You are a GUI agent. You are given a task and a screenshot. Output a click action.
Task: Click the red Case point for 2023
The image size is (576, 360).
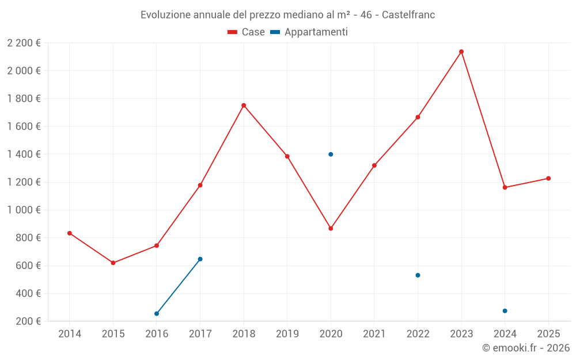tap(461, 52)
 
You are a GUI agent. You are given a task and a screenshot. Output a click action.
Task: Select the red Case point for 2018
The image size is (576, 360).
tap(244, 105)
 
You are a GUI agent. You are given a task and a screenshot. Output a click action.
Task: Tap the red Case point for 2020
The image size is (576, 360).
tap(331, 229)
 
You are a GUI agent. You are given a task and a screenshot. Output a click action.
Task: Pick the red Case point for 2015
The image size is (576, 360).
tap(113, 263)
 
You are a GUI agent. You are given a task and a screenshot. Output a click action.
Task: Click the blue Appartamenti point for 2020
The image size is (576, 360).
tap(331, 154)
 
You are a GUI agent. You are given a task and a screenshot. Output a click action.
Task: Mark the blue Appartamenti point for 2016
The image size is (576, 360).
tap(157, 313)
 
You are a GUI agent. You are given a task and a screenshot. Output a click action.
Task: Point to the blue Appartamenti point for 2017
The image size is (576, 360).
tap(200, 259)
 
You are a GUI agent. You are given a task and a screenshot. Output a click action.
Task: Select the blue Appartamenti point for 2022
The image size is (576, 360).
tap(418, 275)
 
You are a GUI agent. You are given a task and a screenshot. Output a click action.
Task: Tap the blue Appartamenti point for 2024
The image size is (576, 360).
tap(505, 311)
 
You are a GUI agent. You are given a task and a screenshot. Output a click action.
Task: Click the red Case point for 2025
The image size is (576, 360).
tap(548, 179)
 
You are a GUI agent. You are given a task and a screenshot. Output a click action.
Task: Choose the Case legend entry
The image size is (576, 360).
tap(247, 32)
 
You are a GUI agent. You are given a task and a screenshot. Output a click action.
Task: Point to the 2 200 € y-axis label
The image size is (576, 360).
tap(24, 43)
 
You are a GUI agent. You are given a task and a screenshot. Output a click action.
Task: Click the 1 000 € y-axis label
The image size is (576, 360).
tap(24, 210)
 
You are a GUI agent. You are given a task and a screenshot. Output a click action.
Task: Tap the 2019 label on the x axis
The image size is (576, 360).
tap(287, 334)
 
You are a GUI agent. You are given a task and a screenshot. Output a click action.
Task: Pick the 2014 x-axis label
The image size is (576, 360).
tap(70, 334)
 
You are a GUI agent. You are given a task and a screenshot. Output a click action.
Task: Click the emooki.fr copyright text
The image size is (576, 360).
tap(526, 348)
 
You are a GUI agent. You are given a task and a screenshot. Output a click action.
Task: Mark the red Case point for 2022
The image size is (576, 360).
tap(418, 117)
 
